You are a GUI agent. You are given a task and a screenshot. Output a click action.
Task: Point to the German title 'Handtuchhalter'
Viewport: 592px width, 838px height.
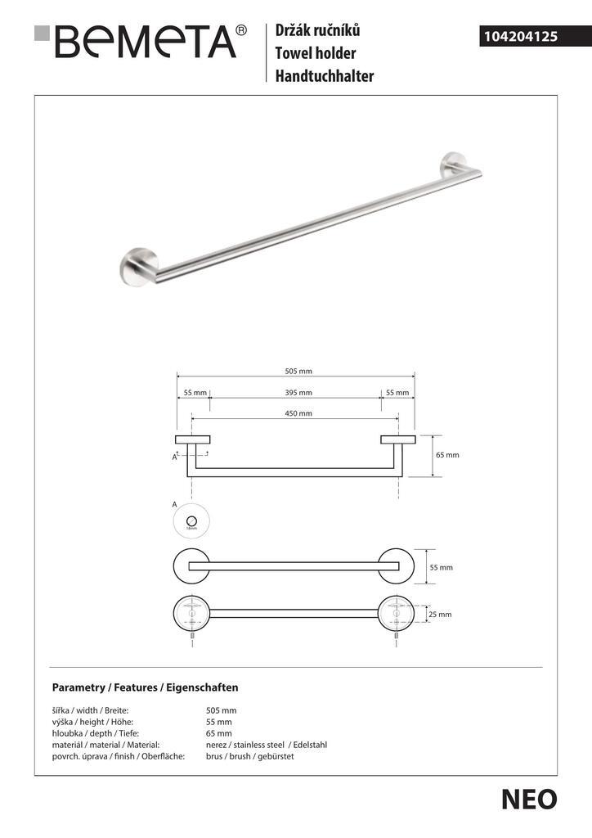(325, 77)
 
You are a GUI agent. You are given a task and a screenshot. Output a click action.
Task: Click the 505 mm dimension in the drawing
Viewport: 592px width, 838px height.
(298, 371)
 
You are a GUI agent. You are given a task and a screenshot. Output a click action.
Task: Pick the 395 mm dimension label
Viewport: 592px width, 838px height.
(298, 393)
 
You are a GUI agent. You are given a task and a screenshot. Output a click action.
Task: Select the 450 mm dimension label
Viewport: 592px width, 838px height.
(298, 413)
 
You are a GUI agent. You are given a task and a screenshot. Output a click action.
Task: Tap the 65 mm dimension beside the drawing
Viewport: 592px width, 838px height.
(447, 455)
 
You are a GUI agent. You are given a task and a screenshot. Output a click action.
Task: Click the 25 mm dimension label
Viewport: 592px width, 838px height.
(439, 614)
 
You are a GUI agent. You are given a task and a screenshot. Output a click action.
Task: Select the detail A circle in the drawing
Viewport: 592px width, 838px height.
(192, 521)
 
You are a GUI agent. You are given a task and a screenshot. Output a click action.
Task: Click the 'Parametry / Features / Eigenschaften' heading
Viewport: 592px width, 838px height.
(145, 687)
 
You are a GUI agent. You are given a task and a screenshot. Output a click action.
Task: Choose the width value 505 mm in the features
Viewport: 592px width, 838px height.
(221, 710)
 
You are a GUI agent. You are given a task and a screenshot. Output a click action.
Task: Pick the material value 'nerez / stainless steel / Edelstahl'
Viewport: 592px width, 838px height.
(267, 745)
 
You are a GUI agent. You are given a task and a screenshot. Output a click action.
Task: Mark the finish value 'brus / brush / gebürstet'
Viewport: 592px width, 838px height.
(249, 756)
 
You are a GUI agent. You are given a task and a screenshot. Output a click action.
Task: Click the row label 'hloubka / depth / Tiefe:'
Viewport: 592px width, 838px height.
(95, 733)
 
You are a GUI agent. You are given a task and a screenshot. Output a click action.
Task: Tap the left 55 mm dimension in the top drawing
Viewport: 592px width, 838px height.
(195, 393)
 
